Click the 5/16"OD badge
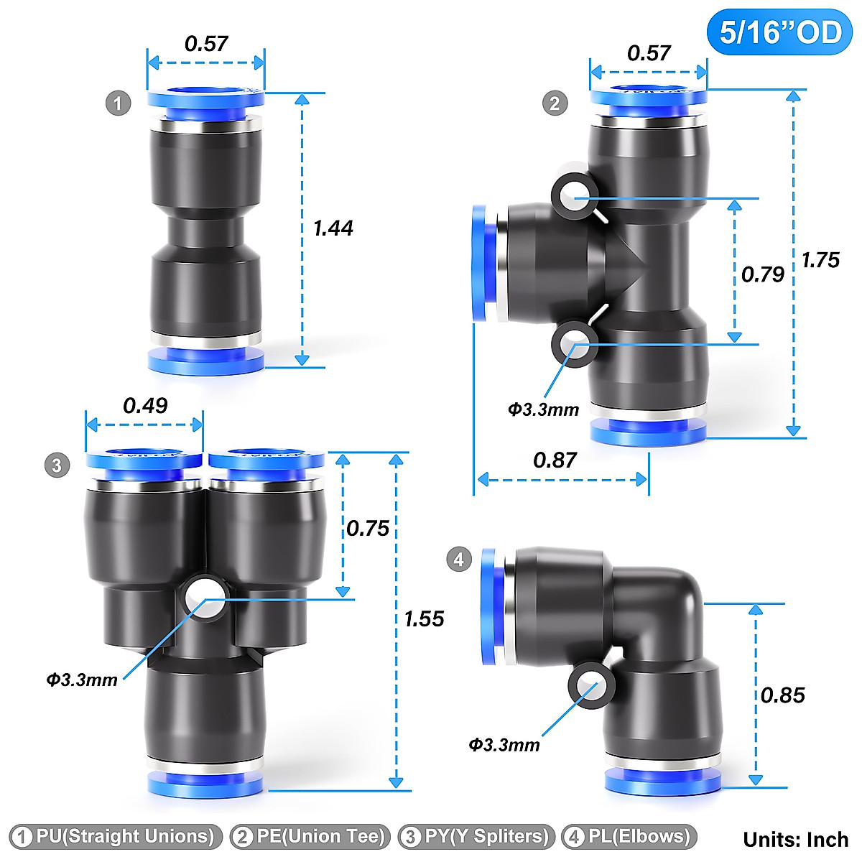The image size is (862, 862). pyautogui.click(x=780, y=32)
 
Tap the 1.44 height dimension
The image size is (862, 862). pyautogui.click(x=333, y=228)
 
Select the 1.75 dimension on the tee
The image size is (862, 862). pyautogui.click(x=820, y=260)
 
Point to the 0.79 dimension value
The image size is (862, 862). pyautogui.click(x=762, y=274)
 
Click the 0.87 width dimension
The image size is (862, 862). pyautogui.click(x=555, y=460)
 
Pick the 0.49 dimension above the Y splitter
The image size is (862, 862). pyautogui.click(x=145, y=406)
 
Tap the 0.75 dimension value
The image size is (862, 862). pyautogui.click(x=368, y=529)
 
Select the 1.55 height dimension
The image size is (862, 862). pyautogui.click(x=424, y=619)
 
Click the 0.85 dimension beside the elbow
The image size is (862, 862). pyautogui.click(x=782, y=695)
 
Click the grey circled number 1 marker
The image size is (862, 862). pyautogui.click(x=119, y=103)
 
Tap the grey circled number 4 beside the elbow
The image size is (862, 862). pyautogui.click(x=459, y=559)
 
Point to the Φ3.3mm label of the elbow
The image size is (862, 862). pyautogui.click(x=504, y=745)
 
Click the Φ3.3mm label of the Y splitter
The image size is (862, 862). pyautogui.click(x=82, y=680)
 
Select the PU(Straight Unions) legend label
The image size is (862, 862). pyautogui.click(x=115, y=837)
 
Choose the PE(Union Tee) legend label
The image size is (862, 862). pyautogui.click(x=310, y=837)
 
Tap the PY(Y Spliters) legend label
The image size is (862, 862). pyautogui.click(x=477, y=837)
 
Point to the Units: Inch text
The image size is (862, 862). pyautogui.click(x=796, y=839)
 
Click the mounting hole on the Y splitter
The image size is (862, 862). pyautogui.click(x=204, y=598)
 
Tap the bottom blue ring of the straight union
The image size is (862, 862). pyautogui.click(x=205, y=360)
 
